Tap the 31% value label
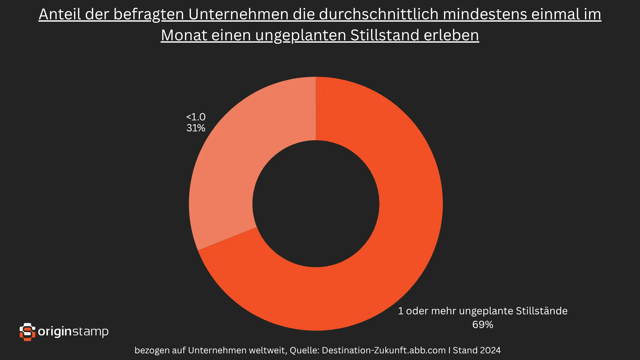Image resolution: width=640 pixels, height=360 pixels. (196, 128)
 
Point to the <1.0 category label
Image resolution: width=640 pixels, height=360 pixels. (196, 117)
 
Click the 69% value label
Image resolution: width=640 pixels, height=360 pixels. (482, 325)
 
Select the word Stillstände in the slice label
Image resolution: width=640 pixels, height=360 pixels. (541, 311)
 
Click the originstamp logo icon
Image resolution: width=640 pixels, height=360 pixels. (27, 332)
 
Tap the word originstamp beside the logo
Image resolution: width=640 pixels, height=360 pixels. (73, 332)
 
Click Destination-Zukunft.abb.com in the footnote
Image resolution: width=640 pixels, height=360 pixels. (384, 350)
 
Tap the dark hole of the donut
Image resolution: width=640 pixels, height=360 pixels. (316, 204)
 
